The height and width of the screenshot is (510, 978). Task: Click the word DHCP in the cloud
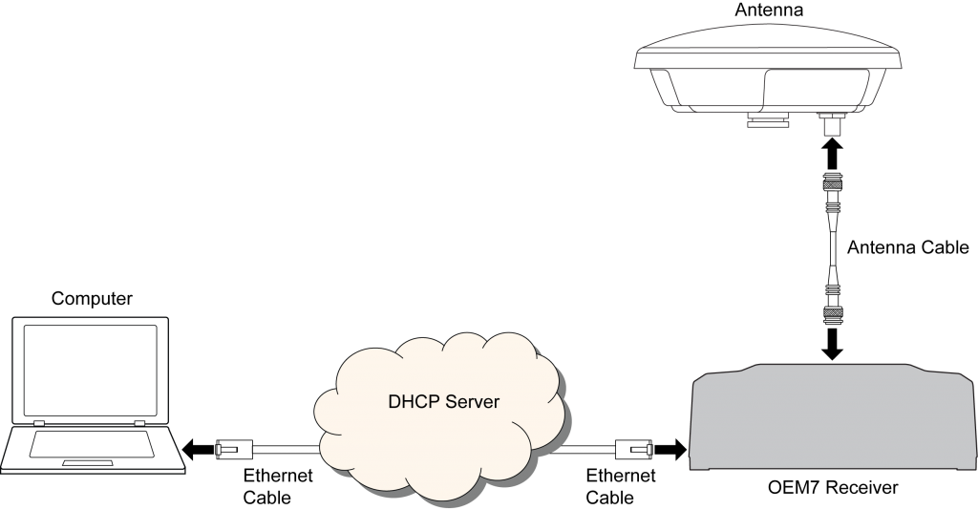[412, 402]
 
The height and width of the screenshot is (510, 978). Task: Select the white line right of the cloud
[585, 448]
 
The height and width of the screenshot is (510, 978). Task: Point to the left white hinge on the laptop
[39, 423]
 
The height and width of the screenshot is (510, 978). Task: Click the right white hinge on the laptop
[139, 423]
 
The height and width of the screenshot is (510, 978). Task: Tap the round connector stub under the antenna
[829, 126]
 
